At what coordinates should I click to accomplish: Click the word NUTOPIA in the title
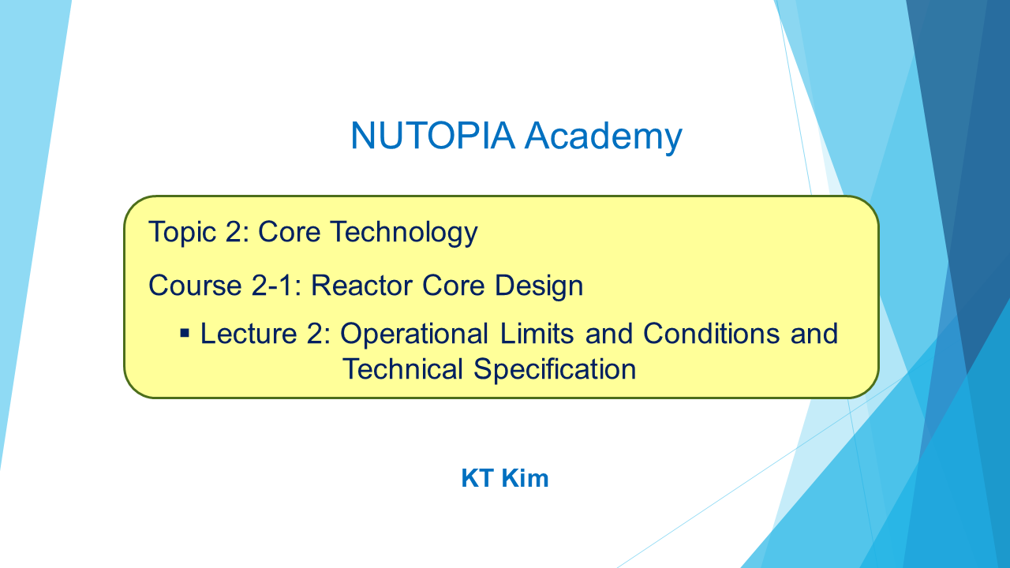pyautogui.click(x=433, y=135)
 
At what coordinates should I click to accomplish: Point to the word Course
pyautogui.click(x=195, y=286)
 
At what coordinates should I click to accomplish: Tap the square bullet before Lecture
pyautogui.click(x=185, y=334)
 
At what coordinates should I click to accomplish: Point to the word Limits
pyautogui.click(x=537, y=334)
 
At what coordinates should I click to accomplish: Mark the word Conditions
pyautogui.click(x=711, y=334)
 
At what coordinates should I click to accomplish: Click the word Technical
pyautogui.click(x=402, y=369)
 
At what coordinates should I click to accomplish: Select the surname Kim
pyautogui.click(x=525, y=478)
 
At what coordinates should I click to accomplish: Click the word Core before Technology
pyautogui.click(x=289, y=233)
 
